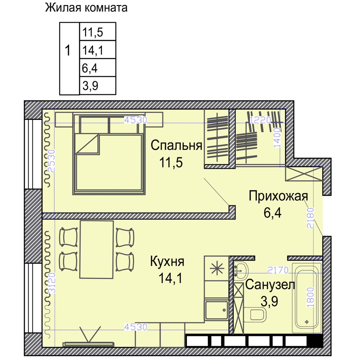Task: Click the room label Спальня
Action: pos(176,145)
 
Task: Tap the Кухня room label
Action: pos(167,262)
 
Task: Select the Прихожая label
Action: pos(278,196)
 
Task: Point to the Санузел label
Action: pos(270,284)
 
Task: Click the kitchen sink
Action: pos(216,310)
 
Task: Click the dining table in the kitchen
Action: pos(97,249)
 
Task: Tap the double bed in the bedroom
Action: pos(109,163)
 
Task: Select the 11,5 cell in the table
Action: pos(97,32)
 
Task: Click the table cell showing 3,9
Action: pos(97,86)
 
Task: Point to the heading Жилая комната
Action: pos(86,8)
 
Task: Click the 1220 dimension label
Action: pos(261,120)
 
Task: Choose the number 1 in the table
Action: pos(68,50)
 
